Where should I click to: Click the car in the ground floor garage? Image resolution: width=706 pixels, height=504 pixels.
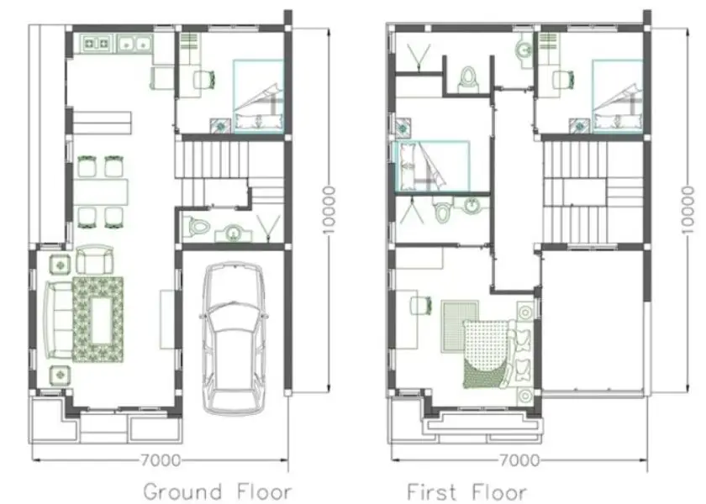tap(234, 339)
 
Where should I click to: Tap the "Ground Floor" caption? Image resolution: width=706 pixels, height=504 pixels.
tap(218, 491)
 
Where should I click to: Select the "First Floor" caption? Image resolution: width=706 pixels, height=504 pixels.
tap(466, 491)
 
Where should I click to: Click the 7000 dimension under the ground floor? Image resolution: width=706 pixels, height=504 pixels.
tap(161, 460)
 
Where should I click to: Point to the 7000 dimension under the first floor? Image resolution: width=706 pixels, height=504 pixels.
tap(519, 460)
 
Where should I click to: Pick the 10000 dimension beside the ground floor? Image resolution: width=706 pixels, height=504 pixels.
tap(329, 210)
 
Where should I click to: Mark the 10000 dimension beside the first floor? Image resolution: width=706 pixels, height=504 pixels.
tap(688, 210)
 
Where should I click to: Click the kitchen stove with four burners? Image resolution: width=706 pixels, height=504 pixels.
tap(97, 44)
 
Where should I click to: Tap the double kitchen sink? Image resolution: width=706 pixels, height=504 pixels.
tap(134, 44)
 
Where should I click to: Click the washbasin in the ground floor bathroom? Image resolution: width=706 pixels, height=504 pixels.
tap(233, 234)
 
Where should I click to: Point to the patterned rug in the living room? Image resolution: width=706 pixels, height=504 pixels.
tap(97, 319)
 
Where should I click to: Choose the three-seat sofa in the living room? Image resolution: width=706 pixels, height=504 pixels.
tap(58, 319)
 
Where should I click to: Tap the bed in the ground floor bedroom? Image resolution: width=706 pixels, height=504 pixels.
tap(258, 97)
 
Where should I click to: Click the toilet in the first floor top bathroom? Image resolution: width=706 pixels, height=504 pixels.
tap(468, 80)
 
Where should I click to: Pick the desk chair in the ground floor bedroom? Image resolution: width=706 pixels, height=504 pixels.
tap(204, 80)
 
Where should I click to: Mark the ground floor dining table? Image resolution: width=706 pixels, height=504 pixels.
tap(100, 192)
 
